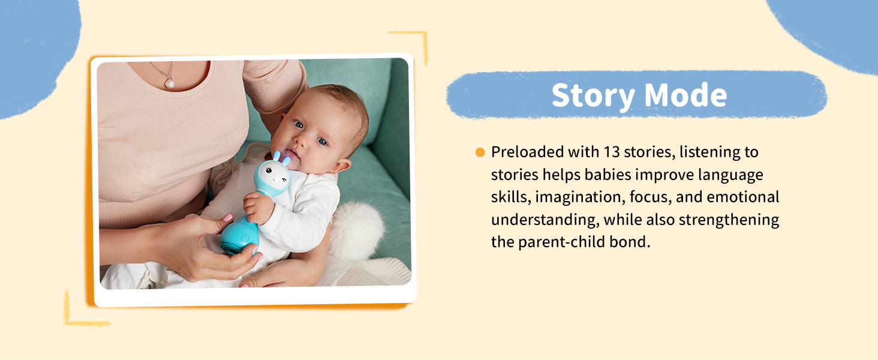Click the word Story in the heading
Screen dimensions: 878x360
[594, 95]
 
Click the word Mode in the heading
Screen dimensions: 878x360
[685, 95]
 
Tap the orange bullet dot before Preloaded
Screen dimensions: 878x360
[480, 152]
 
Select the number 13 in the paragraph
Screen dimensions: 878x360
[612, 152]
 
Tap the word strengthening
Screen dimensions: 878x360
[729, 220]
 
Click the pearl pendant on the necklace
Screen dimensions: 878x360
[170, 83]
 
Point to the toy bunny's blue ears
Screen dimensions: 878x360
[281, 158]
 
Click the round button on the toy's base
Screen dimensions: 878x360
[245, 238]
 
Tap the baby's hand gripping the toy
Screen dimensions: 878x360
[258, 208]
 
